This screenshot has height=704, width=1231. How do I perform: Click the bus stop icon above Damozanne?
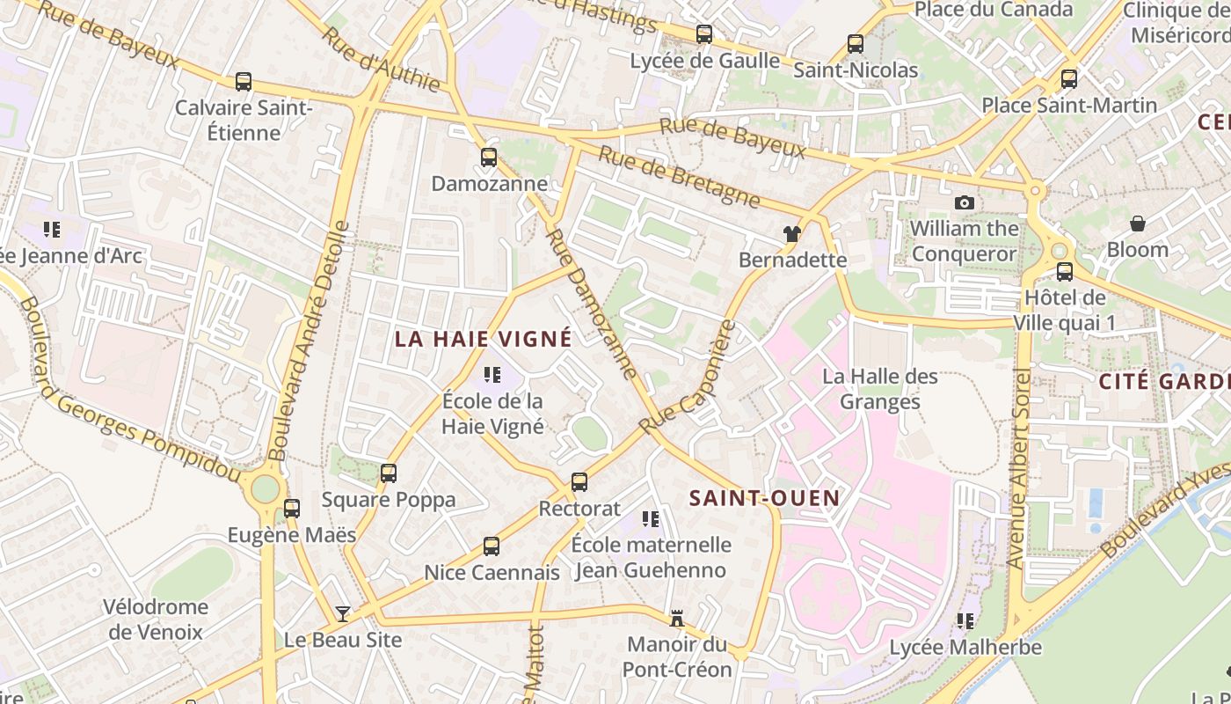[489, 158]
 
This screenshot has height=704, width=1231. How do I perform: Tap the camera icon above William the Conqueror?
[964, 202]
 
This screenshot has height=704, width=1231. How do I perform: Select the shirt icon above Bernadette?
[792, 233]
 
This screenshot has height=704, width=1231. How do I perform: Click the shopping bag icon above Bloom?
[1137, 224]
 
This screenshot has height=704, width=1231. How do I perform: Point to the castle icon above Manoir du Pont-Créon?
[677, 618]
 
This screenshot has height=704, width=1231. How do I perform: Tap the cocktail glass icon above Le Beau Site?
[343, 613]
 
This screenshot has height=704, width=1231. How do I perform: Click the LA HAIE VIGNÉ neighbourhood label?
[483, 339]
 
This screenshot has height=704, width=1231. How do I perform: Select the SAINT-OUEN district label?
[764, 498]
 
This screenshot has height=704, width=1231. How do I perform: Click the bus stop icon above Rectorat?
[579, 482]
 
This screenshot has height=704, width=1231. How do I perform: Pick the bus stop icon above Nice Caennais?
[492, 546]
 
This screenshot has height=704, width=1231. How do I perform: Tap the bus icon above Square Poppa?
[389, 473]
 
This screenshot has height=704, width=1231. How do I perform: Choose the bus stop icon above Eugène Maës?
[292, 509]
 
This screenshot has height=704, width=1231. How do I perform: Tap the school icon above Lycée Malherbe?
[965, 621]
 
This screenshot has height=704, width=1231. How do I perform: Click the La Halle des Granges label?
[880, 389]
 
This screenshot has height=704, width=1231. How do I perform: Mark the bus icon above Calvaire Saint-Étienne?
[244, 82]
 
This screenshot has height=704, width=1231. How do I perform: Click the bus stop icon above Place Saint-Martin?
[1069, 79]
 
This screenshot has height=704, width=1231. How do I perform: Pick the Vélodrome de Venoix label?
[156, 619]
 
